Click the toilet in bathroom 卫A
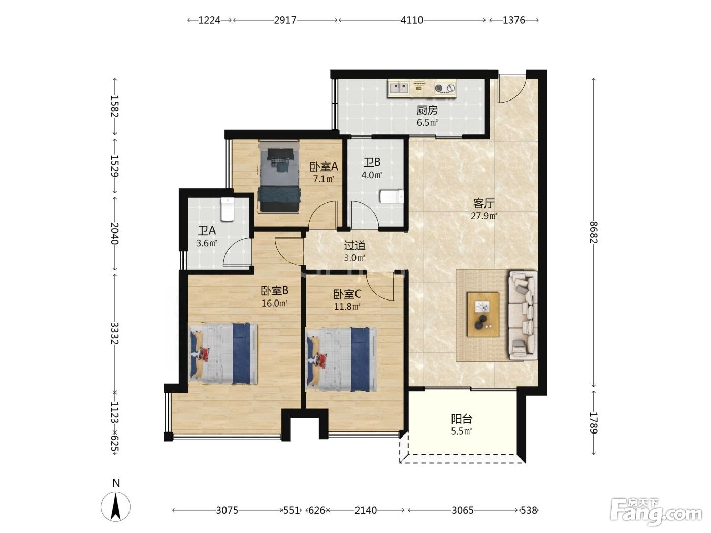227,210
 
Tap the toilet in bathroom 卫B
392,196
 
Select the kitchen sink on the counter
399,87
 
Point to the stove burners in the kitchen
445,88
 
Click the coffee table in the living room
482,314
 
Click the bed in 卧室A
279,176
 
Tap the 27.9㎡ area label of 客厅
483,216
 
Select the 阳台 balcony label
462,419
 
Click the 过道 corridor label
354,246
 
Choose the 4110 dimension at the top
412,20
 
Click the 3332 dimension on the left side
115,333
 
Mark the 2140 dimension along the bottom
366,510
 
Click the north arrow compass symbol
116,507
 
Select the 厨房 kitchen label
427,110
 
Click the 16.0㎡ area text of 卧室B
274,303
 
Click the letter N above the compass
116,483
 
